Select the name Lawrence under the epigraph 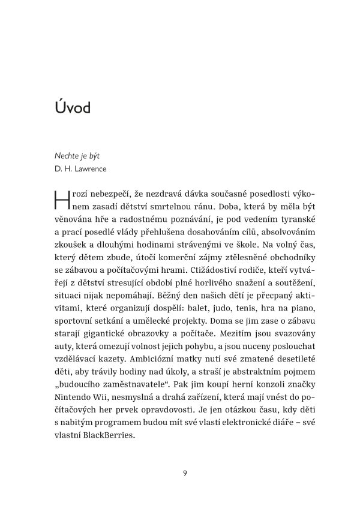point(89,169)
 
